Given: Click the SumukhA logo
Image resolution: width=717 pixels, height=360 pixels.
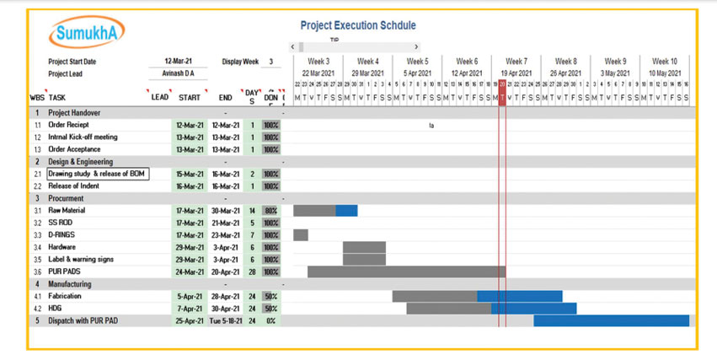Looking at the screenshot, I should [x=88, y=34].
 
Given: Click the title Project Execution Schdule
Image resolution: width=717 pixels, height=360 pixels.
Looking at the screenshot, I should [x=357, y=26].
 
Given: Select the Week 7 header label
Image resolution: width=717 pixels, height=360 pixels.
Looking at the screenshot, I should [x=516, y=62].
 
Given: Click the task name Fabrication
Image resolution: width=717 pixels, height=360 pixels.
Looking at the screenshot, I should [x=65, y=297].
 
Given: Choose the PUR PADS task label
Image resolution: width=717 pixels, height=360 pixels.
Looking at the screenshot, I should [x=63, y=271].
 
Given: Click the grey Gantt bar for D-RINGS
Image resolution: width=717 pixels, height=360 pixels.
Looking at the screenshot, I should [x=301, y=235].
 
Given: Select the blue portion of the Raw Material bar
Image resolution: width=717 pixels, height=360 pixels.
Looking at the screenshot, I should [x=346, y=211].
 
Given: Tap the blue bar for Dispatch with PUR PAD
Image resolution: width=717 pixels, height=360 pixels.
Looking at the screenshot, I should [x=611, y=321].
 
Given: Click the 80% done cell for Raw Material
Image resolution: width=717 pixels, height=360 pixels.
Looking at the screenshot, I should [x=270, y=211].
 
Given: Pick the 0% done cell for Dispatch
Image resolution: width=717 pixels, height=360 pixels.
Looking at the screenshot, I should [x=270, y=321].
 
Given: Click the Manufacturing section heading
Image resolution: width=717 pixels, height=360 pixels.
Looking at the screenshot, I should [x=70, y=284].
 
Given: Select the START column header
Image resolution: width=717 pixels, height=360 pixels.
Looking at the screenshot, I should [x=190, y=98].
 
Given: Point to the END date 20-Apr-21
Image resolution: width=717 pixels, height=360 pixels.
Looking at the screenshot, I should [x=225, y=272].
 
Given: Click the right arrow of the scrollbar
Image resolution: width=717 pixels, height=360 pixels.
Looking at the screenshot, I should [x=416, y=47].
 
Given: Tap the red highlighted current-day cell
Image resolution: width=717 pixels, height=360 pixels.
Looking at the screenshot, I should [x=502, y=98].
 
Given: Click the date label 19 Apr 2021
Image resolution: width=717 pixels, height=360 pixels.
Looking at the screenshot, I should [x=516, y=73].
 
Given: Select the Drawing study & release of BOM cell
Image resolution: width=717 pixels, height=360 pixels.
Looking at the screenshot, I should [x=97, y=174].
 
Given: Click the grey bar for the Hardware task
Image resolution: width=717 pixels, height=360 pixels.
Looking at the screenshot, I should [x=364, y=247].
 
